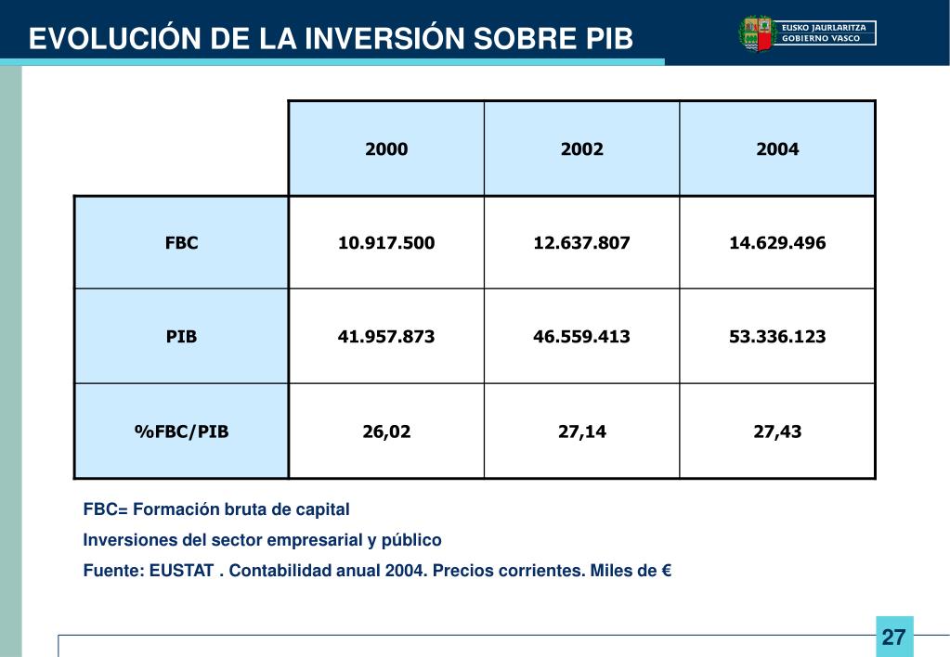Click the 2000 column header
tap(386, 148)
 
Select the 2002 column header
tap(582, 148)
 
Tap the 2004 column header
tap(777, 148)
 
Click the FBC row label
tap(182, 243)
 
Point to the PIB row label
tap(182, 336)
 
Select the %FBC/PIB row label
tap(182, 431)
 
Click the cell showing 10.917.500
tap(386, 243)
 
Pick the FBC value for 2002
tap(582, 243)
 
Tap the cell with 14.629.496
tap(777, 243)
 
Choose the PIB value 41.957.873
tap(386, 336)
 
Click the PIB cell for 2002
tap(582, 336)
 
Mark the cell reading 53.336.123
tap(777, 336)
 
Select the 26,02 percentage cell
tap(386, 431)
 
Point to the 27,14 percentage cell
tap(582, 431)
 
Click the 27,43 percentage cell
tap(777, 431)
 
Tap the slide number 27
tap(893, 638)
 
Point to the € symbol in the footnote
tap(666, 570)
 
